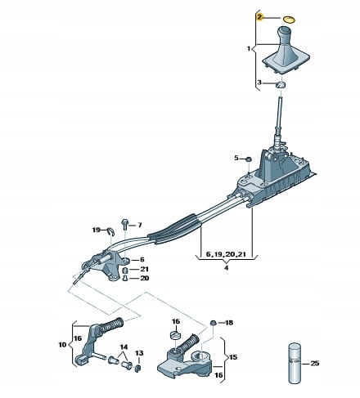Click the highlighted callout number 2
tap(259, 18)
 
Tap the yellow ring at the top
tap(289, 20)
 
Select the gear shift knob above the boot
tap(285, 34)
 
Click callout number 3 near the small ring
tap(259, 82)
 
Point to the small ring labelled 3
tap(281, 85)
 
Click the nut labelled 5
tap(249, 159)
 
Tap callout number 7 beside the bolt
tap(140, 225)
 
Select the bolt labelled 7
tap(124, 224)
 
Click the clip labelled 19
tap(111, 231)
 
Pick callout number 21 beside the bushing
tap(144, 269)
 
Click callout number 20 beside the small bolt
tap(145, 278)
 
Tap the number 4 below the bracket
tap(226, 267)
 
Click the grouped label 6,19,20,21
tap(226, 254)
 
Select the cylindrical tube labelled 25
tap(295, 362)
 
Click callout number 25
tap(315, 363)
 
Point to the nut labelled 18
tap(214, 323)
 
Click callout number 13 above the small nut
tap(139, 353)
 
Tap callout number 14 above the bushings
tap(124, 347)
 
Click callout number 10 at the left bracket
tap(62, 345)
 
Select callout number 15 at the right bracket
tap(233, 356)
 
